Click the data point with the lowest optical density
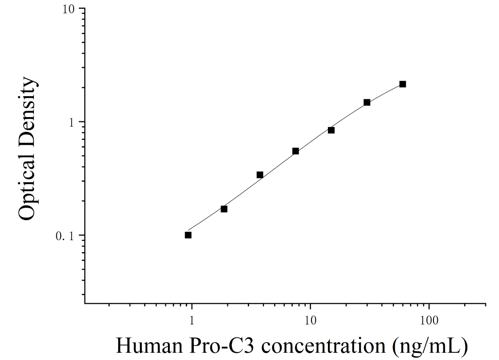point(188,235)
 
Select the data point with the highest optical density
point(403,84)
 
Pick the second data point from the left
point(224,209)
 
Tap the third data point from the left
point(260,175)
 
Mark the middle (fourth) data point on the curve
point(296,151)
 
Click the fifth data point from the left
point(331,130)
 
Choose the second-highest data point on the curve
point(367,102)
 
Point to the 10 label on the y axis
point(68,9)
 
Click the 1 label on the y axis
point(72,122)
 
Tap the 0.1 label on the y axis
point(65,236)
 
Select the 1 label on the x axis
point(192,320)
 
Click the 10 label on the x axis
point(310,320)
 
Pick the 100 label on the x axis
point(429,320)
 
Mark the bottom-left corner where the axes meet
point(85,303)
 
